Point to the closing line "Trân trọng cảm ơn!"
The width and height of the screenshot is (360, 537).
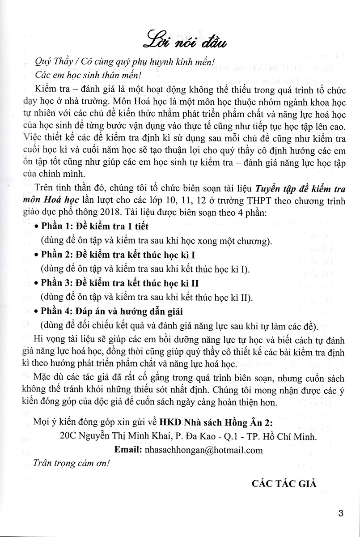71,464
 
